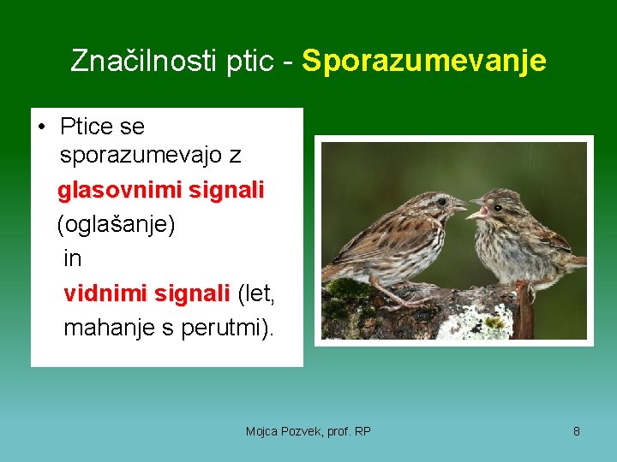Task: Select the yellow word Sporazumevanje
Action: point(423,61)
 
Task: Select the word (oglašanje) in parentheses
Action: point(116,224)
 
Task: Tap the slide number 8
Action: point(576,431)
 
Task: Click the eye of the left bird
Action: point(440,202)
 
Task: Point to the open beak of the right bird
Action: point(476,210)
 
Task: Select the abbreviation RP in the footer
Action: point(362,431)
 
